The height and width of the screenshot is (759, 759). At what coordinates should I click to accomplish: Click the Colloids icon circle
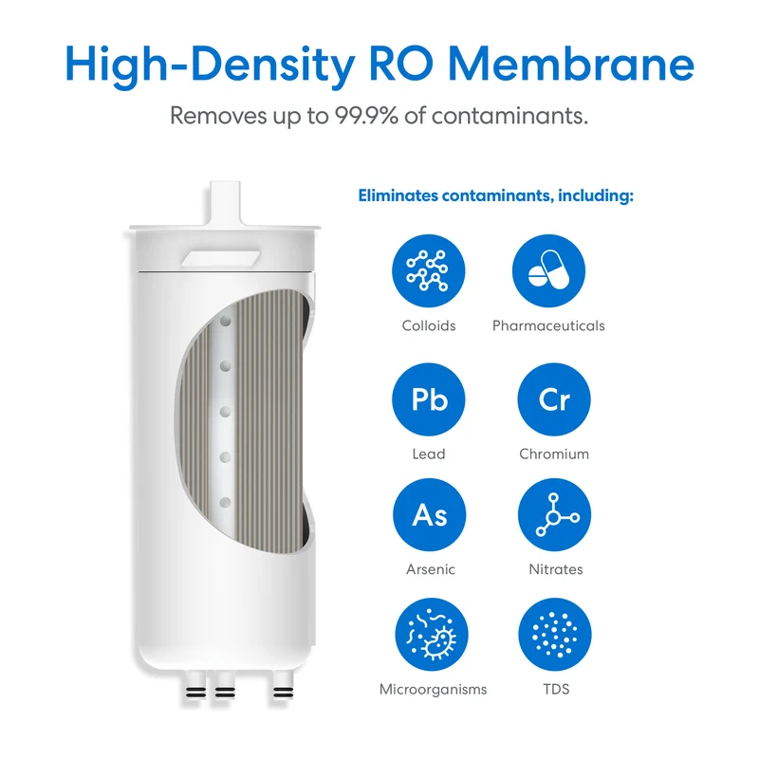429,270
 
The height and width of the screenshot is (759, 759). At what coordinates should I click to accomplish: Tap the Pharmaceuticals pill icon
548,270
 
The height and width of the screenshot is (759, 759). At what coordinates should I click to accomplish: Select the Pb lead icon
429,399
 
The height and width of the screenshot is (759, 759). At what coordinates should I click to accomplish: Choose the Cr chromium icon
554,399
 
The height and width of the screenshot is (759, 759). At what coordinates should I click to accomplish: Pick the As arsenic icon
430,514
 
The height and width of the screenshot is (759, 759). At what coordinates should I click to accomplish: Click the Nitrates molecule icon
554,514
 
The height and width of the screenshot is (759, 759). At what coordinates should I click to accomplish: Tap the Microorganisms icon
432,634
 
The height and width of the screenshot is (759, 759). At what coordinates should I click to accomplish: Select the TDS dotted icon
555,634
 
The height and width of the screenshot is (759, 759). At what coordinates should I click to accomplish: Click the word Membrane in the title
571,65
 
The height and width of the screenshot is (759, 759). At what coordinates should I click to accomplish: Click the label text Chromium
554,454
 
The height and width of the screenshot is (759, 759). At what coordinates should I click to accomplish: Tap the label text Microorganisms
433,690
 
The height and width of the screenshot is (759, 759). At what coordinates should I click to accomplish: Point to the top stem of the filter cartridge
225,203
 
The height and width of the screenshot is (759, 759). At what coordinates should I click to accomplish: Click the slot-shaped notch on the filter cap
220,258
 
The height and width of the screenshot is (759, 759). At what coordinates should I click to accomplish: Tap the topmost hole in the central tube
225,321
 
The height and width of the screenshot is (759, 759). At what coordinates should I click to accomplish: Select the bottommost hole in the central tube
225,503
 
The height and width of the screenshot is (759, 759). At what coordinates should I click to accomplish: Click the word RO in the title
401,65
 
